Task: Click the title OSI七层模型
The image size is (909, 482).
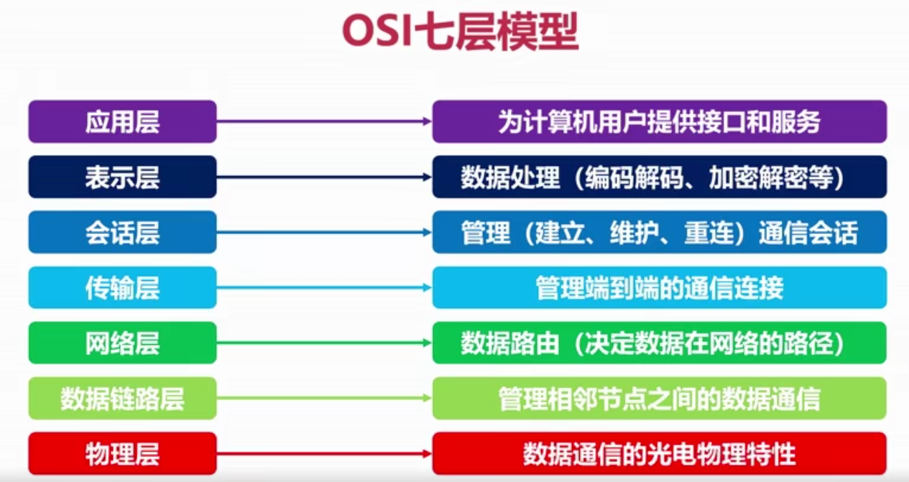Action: click(x=461, y=32)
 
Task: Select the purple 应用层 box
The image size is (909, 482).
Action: click(x=123, y=121)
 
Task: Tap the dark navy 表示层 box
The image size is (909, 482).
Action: click(x=123, y=177)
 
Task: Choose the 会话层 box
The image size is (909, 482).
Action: click(x=123, y=232)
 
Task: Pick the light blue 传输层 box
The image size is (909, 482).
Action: click(x=123, y=287)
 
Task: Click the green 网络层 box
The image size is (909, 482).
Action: click(x=123, y=343)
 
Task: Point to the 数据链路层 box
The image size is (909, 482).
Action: click(x=123, y=398)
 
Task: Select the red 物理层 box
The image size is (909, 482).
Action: click(x=123, y=453)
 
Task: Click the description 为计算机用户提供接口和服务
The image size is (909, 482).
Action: click(x=660, y=121)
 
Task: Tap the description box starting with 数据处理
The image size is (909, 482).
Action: click(x=660, y=177)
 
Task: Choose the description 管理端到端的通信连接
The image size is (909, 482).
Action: click(x=660, y=287)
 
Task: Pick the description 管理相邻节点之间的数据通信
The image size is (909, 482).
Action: click(x=660, y=398)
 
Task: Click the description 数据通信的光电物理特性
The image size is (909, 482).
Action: click(x=660, y=453)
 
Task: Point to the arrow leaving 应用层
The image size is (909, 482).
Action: click(x=324, y=121)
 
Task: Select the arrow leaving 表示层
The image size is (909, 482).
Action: click(x=324, y=177)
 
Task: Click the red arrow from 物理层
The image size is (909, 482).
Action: click(x=324, y=453)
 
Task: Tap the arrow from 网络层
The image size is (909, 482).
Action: click(x=324, y=343)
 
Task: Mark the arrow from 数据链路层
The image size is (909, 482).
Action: click(x=324, y=398)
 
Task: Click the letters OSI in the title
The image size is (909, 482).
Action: click(x=377, y=32)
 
